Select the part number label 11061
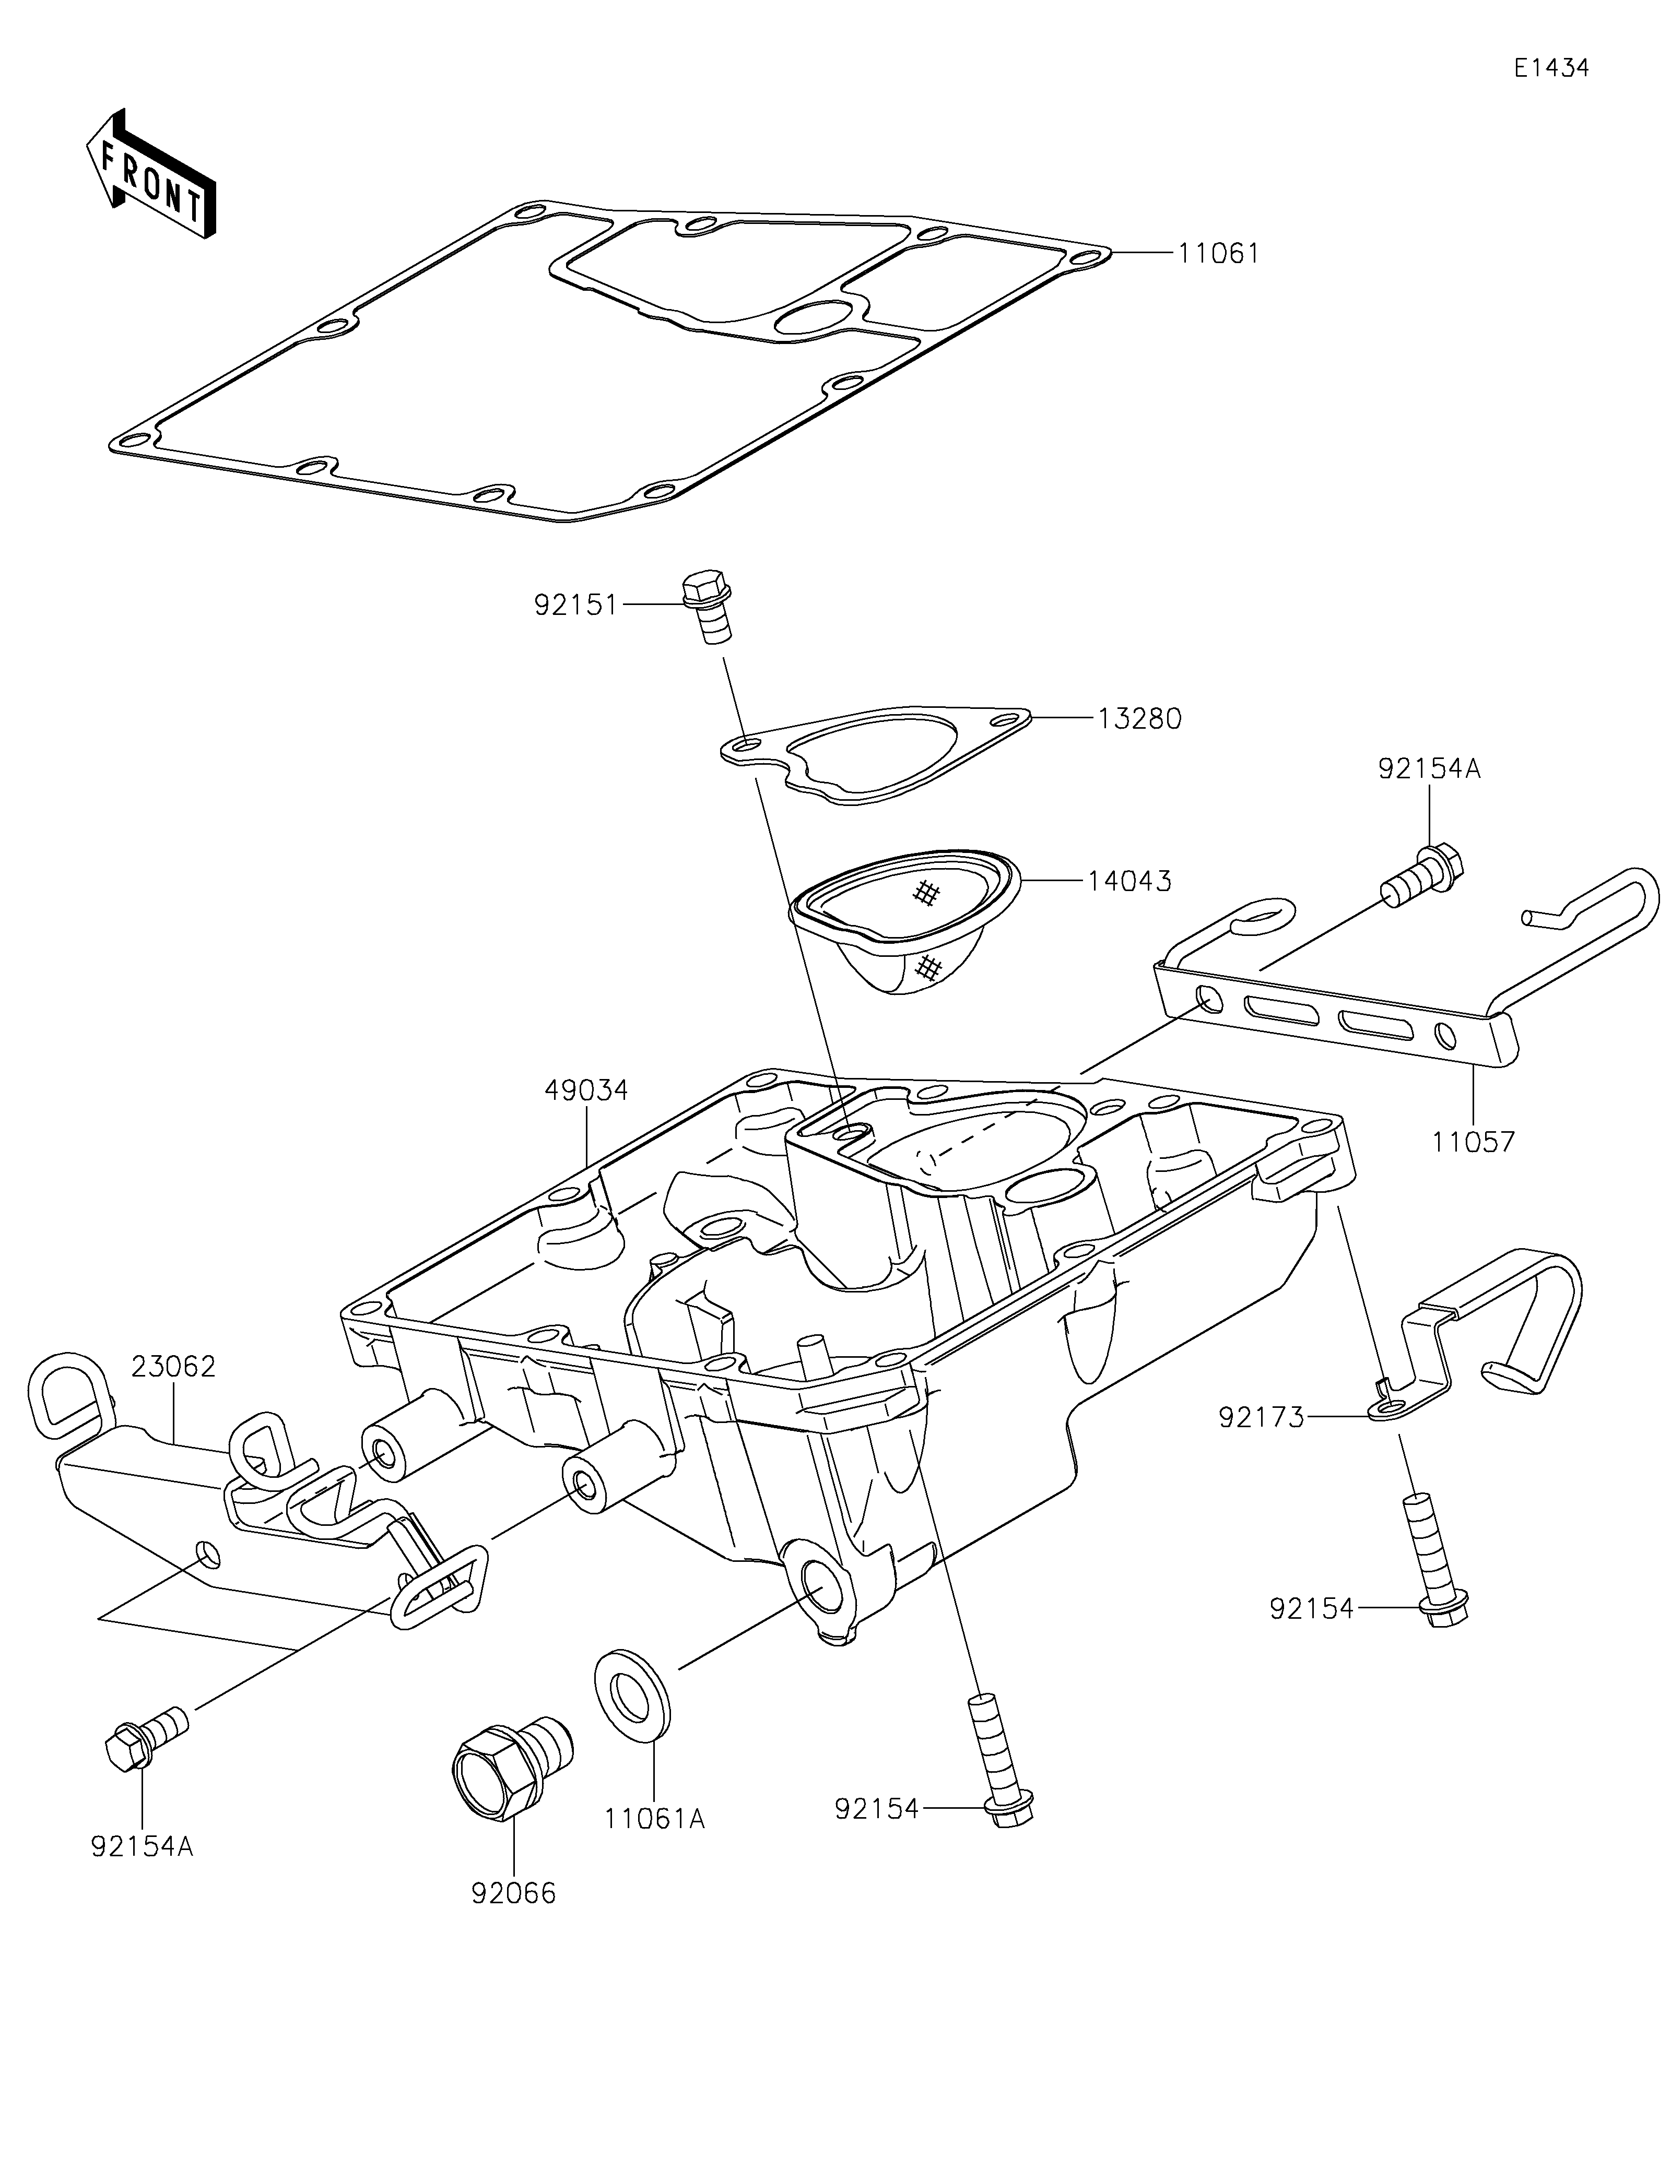(1218, 254)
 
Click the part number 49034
(586, 1091)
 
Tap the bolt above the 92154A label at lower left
(146, 1739)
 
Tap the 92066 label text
(514, 1894)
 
